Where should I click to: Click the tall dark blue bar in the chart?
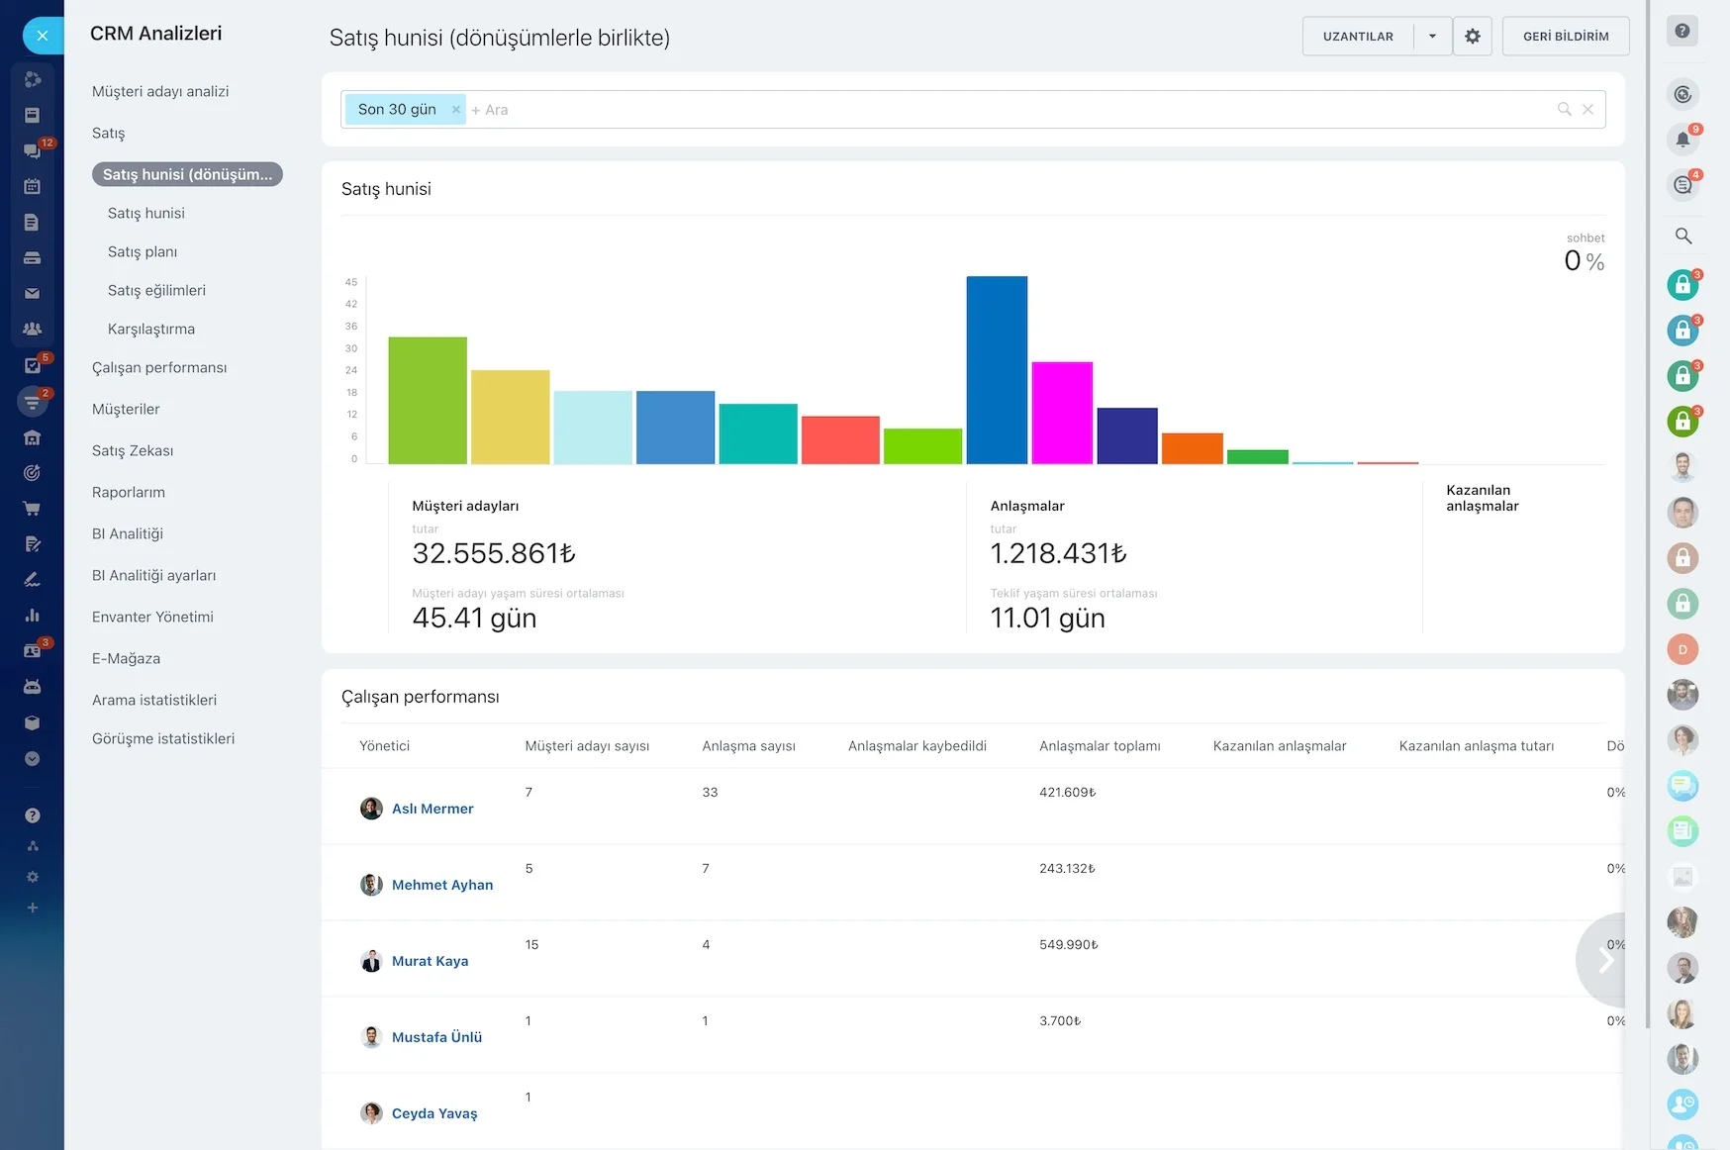coord(997,370)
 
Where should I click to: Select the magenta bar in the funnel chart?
coord(1062,413)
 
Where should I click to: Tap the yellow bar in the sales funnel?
coord(510,417)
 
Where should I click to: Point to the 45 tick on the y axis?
coord(351,282)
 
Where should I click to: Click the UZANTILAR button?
coord(1358,37)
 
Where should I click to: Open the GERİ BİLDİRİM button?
coord(1566,37)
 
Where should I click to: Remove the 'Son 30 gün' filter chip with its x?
coord(456,110)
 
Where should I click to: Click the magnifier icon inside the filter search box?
coord(1565,109)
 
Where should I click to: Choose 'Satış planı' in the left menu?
coord(143,251)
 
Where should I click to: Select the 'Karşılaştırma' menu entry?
coord(151,329)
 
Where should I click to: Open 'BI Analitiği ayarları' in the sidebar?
coord(153,575)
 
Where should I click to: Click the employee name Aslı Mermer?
coord(432,809)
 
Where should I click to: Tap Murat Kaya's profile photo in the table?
coord(371,961)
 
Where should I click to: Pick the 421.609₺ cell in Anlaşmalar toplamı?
coord(1068,792)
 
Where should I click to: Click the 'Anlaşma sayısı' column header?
coord(749,746)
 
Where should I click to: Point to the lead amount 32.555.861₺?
coord(494,553)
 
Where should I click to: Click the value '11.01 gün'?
coord(1048,618)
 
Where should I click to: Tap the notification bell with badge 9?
coord(1682,140)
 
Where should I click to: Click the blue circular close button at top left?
coord(42,36)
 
